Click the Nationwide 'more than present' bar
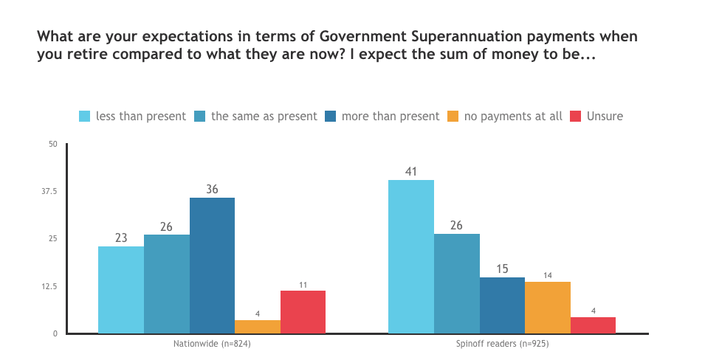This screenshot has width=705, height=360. [x=212, y=266]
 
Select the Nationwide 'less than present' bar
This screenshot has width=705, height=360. [x=121, y=290]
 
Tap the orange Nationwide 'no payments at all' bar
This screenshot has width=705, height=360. [x=258, y=327]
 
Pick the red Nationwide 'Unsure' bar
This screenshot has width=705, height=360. [x=303, y=312]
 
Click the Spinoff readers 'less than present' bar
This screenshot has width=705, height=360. [x=411, y=257]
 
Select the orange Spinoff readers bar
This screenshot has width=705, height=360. [x=548, y=308]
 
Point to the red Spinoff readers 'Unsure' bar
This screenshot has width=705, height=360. [x=593, y=325]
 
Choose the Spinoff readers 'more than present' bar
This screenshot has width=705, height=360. [x=502, y=305]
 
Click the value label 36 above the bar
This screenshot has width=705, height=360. [x=212, y=189]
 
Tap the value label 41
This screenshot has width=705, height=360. [x=411, y=171]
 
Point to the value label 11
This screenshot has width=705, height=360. [x=303, y=283]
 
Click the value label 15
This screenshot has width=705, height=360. [x=502, y=269]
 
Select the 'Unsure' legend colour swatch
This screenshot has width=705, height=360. [x=575, y=117]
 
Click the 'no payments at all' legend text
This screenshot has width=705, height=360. [x=513, y=117]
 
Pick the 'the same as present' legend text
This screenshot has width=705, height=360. [x=264, y=117]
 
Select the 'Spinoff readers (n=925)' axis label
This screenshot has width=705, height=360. [x=502, y=345]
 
